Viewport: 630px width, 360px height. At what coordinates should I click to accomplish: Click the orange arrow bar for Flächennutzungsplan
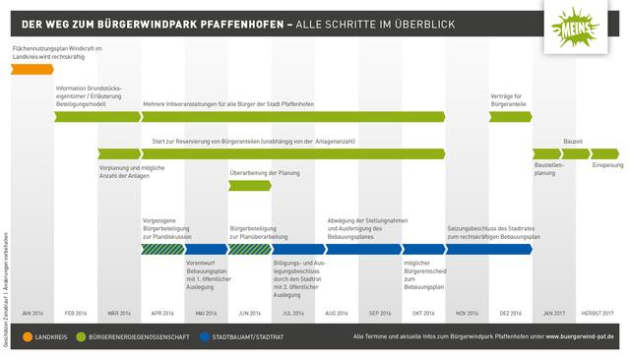pyautogui.click(x=32, y=70)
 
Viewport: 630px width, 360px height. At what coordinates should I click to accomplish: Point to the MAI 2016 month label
pyautogui.click(x=207, y=312)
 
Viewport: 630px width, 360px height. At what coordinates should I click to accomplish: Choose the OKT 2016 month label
pyautogui.click(x=423, y=312)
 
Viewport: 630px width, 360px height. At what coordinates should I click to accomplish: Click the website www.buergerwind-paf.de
pyautogui.click(x=574, y=336)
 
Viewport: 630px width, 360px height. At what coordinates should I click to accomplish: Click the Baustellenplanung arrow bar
pyautogui.click(x=547, y=152)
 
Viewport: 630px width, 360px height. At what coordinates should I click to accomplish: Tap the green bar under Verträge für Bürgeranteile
pyautogui.click(x=511, y=116)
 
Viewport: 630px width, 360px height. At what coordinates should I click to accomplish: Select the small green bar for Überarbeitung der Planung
pyautogui.click(x=249, y=186)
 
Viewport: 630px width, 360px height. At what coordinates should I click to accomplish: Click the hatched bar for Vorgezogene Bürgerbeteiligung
pyautogui.click(x=160, y=249)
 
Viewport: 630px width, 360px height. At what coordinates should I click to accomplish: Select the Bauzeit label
pyautogui.click(x=573, y=142)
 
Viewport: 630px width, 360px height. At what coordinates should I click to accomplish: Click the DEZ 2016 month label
pyautogui.click(x=510, y=312)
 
